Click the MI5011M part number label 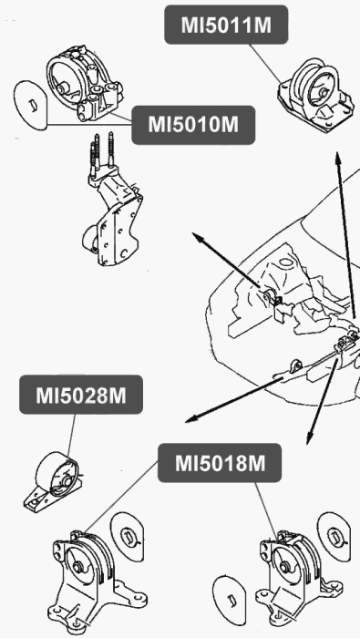pyautogui.click(x=226, y=25)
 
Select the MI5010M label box pyautogui.click(x=193, y=124)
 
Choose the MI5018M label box pyautogui.click(x=219, y=464)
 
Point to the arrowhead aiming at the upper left pyautogui.click(x=195, y=236)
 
